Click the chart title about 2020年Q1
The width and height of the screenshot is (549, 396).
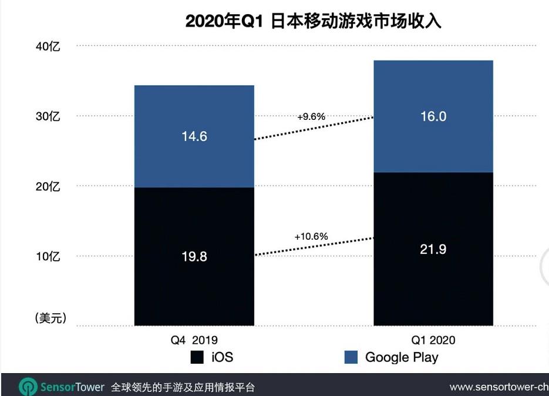click(313, 21)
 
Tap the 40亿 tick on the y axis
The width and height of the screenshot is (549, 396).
click(48, 46)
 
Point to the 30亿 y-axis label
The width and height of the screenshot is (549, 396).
click(48, 116)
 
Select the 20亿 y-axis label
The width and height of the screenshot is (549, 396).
click(48, 187)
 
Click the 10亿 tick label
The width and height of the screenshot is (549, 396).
click(48, 257)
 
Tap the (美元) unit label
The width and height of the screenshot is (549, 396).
click(50, 318)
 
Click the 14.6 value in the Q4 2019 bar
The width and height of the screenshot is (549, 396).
click(194, 136)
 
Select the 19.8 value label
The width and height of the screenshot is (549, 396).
click(194, 257)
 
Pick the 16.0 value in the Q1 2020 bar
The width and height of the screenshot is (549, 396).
click(433, 116)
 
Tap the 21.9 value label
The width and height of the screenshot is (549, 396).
click(433, 249)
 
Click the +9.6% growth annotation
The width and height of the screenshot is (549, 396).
click(311, 116)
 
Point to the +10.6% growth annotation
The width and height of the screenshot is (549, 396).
click(311, 236)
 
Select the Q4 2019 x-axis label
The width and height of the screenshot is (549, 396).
click(194, 340)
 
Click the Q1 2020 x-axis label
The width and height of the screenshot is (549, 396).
click(433, 340)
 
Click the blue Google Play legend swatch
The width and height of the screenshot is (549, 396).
click(351, 357)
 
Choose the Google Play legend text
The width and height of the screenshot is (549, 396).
click(402, 357)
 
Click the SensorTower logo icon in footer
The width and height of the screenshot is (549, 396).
click(28, 387)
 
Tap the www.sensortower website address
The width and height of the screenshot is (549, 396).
click(499, 387)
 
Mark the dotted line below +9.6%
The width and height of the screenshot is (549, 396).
click(314, 128)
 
